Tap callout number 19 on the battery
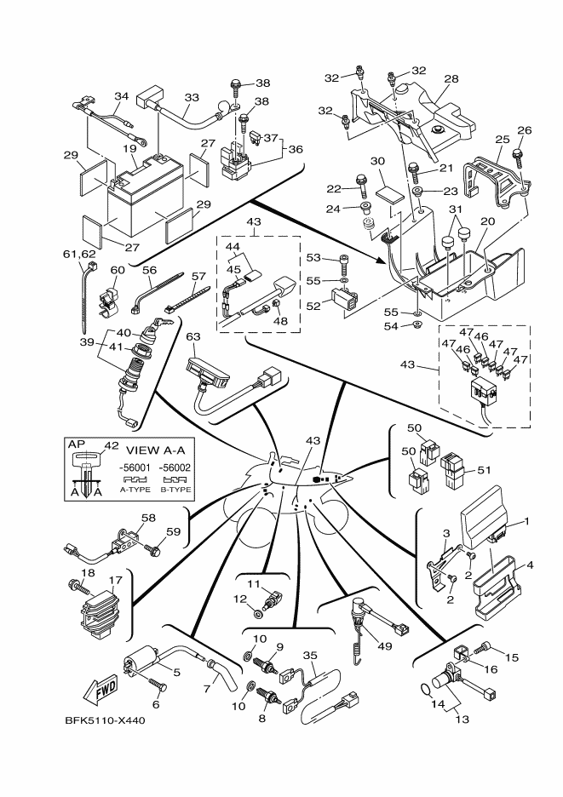[x=129, y=148]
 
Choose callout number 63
[x=193, y=337]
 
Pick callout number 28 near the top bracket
[x=451, y=79]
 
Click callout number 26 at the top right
[x=524, y=130]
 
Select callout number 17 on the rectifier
[x=116, y=580]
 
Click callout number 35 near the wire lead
[x=310, y=656]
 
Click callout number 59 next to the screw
[x=174, y=533]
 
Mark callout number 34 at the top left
[x=121, y=96]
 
